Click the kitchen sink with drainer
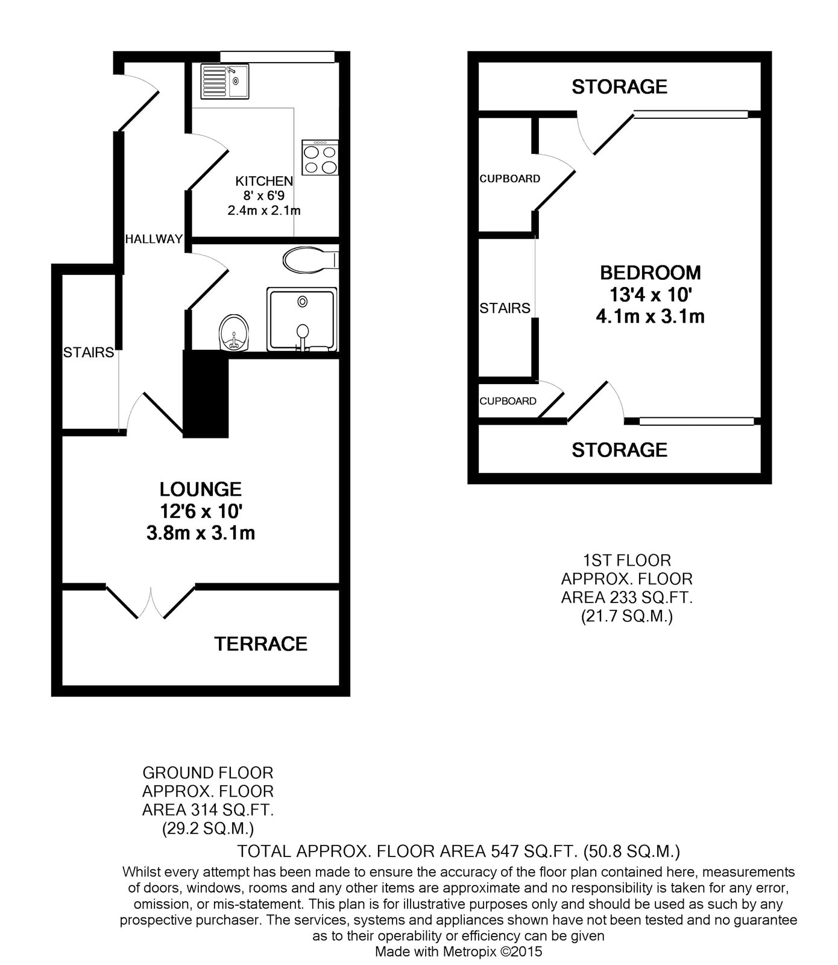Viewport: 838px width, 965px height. point(225,81)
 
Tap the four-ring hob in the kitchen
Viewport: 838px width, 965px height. point(320,158)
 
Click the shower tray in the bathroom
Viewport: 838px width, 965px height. point(301,318)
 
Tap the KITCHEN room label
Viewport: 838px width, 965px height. point(264,181)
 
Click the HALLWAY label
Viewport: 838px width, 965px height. point(154,239)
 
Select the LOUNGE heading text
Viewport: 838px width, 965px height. point(201,489)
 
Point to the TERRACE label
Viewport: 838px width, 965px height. point(261,644)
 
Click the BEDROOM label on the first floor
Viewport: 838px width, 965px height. point(651,273)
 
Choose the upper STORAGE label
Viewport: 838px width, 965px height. point(620,87)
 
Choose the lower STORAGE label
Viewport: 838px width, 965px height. point(620,450)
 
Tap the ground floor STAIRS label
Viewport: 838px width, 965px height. point(89,352)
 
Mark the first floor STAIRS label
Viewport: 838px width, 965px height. point(505,308)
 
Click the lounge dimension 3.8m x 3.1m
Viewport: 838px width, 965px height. point(201,533)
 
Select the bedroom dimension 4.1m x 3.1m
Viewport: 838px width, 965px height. point(651,316)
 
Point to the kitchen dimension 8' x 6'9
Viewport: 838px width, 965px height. point(264,196)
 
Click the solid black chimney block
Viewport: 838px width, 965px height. point(206,395)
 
